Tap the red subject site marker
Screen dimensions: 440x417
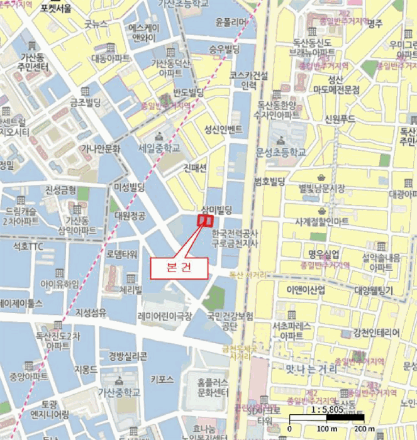[206, 221]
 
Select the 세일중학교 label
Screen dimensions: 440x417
[159, 148]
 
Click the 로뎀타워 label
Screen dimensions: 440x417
[122, 254]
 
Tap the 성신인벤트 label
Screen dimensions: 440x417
[223, 130]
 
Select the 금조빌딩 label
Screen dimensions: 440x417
[86, 102]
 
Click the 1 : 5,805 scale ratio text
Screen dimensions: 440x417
[327, 409]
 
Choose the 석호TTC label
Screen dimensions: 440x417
[28, 246]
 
